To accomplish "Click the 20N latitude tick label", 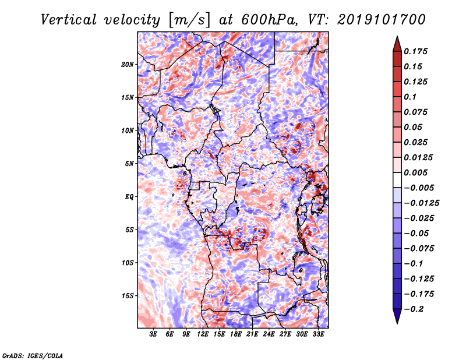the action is point(127,65).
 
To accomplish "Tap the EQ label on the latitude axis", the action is point(129,197).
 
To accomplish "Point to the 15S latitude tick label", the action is point(128,296).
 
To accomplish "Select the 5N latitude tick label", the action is point(129,164).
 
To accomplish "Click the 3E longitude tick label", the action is point(153,334).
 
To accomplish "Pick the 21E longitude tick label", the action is point(252,334).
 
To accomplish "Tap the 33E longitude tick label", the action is point(318,334).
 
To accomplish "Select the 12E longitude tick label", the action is point(203,334).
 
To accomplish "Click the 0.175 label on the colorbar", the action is point(415,51).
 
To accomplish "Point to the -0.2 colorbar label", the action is point(414,309).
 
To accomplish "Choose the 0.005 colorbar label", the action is point(415,172).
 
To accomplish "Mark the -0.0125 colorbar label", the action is point(421,203).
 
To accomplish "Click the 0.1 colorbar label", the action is point(410,97).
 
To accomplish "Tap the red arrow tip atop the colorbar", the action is point(397,36).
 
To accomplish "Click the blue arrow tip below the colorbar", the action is point(397,323).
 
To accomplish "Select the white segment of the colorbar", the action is point(397,180).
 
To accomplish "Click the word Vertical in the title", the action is point(69,20).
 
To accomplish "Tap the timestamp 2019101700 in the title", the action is point(382,20).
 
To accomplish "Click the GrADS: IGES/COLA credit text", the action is point(33,355).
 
